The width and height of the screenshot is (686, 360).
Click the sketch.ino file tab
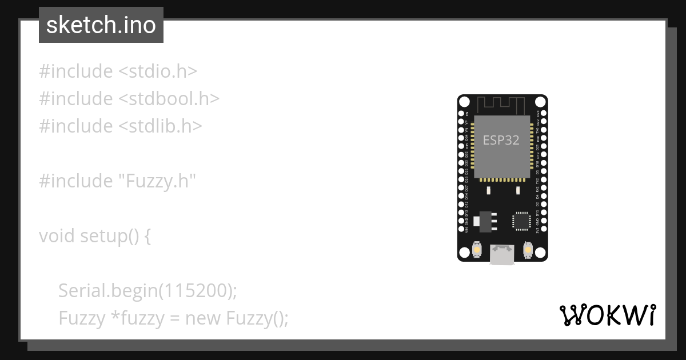(x=101, y=25)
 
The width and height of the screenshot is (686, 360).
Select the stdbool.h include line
(x=129, y=98)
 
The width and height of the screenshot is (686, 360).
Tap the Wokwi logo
(x=608, y=315)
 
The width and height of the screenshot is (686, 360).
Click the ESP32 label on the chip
(x=501, y=140)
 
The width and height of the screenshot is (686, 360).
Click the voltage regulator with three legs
(x=485, y=221)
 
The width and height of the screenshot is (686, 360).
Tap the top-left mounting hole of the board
(x=464, y=102)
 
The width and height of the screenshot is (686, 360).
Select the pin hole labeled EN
(x=461, y=114)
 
